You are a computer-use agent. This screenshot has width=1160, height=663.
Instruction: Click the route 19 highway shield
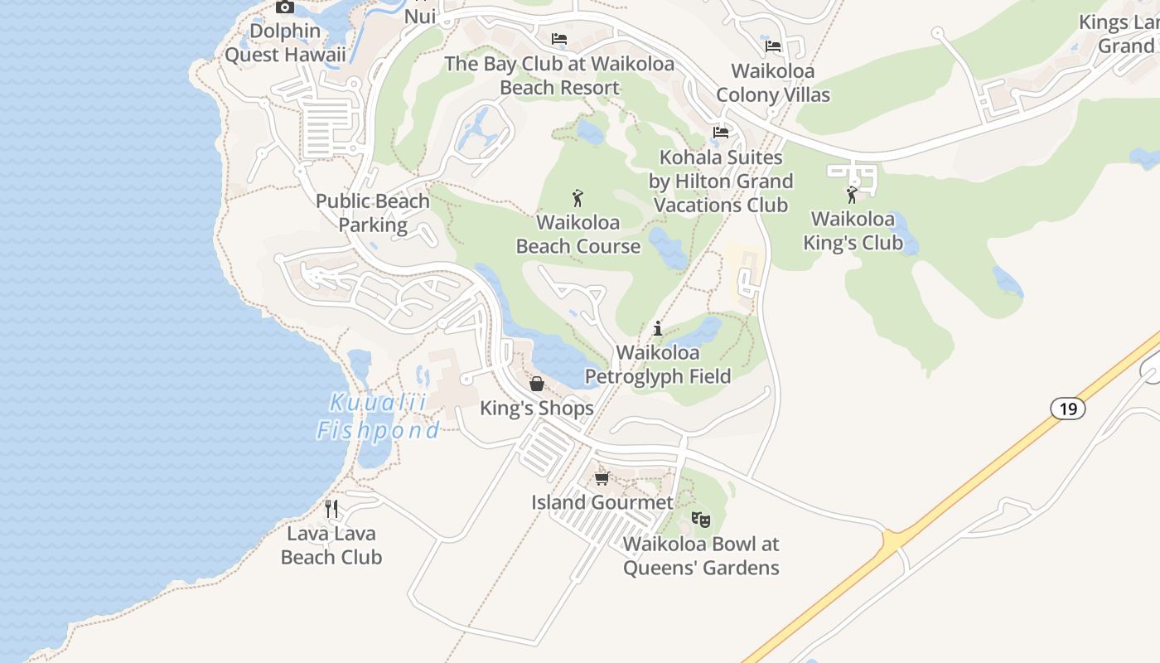point(1068,408)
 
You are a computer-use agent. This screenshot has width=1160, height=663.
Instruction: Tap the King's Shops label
point(537,409)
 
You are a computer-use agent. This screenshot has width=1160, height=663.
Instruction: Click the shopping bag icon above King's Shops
point(537,384)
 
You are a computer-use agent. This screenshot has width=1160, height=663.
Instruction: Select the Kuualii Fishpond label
point(379,417)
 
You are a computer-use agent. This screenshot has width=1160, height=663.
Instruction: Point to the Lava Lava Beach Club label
point(331,545)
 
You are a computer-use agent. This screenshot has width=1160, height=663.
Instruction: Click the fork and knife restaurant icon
point(331,508)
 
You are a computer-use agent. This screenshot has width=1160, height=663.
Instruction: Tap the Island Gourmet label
point(602,502)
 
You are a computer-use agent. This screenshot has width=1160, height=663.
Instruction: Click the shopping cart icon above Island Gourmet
point(602,478)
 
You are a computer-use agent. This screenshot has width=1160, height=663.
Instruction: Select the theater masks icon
point(701,520)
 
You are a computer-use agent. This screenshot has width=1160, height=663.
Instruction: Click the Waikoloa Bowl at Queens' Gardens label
point(701,556)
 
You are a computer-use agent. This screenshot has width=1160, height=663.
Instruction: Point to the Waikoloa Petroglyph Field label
point(658,365)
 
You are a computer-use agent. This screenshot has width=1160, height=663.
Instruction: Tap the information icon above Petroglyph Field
point(658,328)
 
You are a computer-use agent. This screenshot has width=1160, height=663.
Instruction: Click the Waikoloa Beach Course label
point(578,234)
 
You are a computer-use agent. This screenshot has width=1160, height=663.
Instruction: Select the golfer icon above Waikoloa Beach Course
point(578,198)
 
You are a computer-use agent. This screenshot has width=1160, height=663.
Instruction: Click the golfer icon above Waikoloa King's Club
point(853,195)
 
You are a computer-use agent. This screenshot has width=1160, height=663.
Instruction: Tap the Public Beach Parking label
point(373,213)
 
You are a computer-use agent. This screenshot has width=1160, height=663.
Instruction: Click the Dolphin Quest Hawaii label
point(285,43)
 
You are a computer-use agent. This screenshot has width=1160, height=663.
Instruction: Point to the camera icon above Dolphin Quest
point(285,7)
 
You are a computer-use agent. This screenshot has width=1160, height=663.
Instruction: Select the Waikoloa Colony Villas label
point(773,83)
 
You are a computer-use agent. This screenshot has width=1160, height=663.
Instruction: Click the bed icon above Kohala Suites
point(721,133)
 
